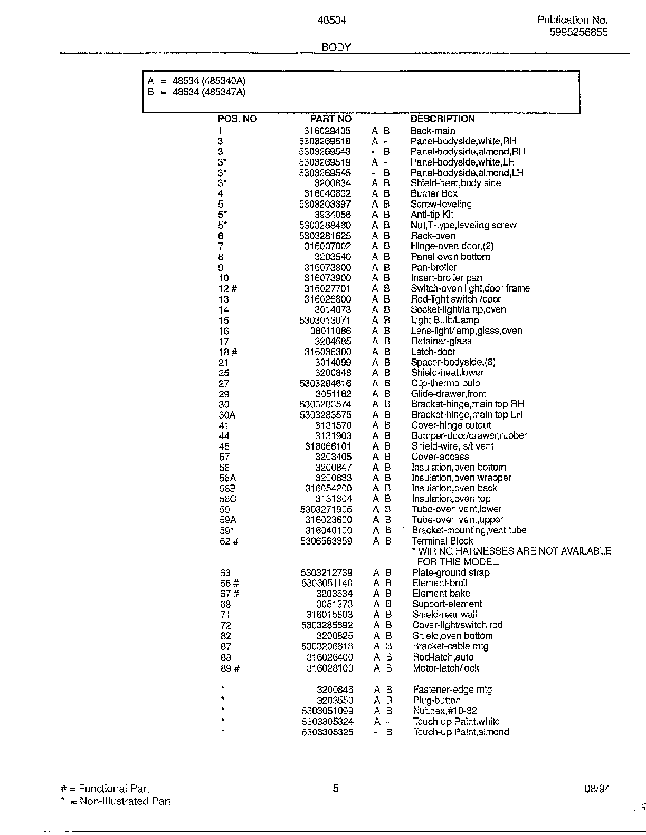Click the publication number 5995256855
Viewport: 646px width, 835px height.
[x=578, y=32]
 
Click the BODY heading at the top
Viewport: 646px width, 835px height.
[x=336, y=47]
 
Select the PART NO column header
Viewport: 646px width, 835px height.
[x=330, y=119]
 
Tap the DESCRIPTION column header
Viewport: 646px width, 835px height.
[x=442, y=119]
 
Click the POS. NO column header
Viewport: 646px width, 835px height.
[x=237, y=119]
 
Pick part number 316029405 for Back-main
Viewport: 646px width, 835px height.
[x=327, y=131]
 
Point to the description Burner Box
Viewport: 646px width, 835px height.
[x=434, y=193]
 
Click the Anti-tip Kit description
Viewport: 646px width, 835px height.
[x=432, y=215]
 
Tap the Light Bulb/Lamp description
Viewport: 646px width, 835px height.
[x=444, y=320]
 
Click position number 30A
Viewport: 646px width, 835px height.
[x=227, y=415]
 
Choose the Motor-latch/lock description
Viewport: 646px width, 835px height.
[x=445, y=668]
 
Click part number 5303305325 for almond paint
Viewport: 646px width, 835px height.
[x=327, y=732]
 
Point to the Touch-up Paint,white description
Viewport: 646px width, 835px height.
[x=456, y=721]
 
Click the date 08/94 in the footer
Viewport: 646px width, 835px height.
[x=597, y=789]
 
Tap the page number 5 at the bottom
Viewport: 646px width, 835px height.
[x=336, y=789]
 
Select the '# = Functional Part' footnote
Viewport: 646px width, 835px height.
[x=105, y=789]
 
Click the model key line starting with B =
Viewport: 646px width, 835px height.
[x=196, y=92]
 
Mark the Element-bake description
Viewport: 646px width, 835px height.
[x=441, y=594]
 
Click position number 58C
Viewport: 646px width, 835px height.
[x=227, y=499]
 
